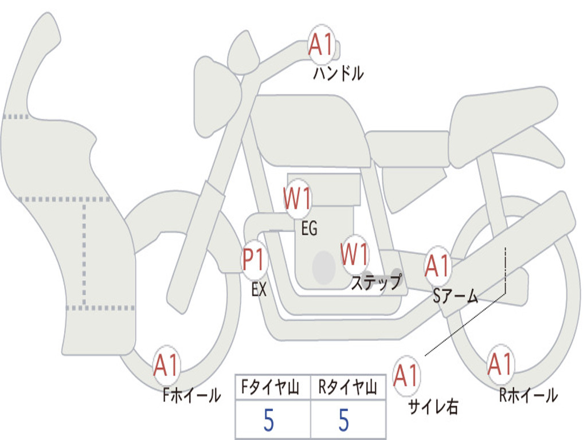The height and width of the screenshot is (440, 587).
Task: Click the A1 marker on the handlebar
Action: pyautogui.click(x=321, y=44)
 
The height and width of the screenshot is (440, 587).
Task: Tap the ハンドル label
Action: pyautogui.click(x=338, y=73)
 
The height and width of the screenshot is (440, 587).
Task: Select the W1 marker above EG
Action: pyautogui.click(x=298, y=198)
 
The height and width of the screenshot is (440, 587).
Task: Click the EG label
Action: pyautogui.click(x=309, y=228)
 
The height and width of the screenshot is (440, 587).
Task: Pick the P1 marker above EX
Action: pyautogui.click(x=255, y=260)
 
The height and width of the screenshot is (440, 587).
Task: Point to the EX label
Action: pyautogui.click(x=259, y=289)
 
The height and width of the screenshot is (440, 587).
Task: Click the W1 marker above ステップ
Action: pyautogui.click(x=354, y=254)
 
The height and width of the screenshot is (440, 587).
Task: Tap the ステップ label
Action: pyautogui.click(x=377, y=282)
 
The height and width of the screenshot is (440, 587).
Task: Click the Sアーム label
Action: pyautogui.click(x=456, y=296)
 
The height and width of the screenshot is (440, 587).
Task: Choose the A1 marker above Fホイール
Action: pyautogui.click(x=166, y=365)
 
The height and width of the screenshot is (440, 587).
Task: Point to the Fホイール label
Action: pyautogui.click(x=191, y=395)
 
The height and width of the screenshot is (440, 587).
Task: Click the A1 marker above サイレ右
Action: pyautogui.click(x=406, y=376)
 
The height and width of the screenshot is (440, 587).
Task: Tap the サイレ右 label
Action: pyautogui.click(x=433, y=407)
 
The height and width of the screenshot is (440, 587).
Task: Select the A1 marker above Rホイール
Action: pyautogui.click(x=500, y=364)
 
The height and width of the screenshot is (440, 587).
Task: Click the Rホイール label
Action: pyautogui.click(x=529, y=395)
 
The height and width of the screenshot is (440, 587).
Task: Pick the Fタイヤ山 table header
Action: pyautogui.click(x=271, y=387)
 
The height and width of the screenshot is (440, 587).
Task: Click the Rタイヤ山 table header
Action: pyautogui.click(x=348, y=387)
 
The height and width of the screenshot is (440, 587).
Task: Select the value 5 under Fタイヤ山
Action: pyautogui.click(x=269, y=420)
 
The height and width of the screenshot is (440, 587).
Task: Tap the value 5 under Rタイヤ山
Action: pyautogui.click(x=344, y=420)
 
